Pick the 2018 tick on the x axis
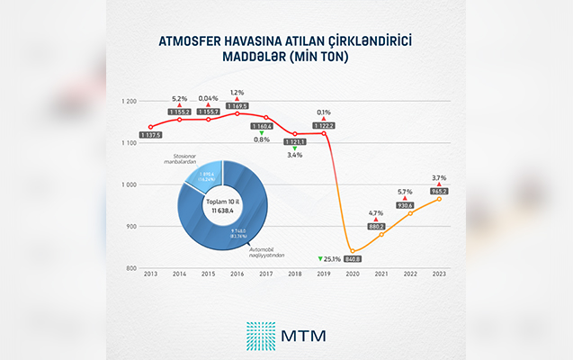[x=295, y=274]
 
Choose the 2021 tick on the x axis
[x=381, y=274]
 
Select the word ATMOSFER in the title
[x=192, y=41]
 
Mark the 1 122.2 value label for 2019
[x=324, y=125]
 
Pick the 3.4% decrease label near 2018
[x=294, y=155]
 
